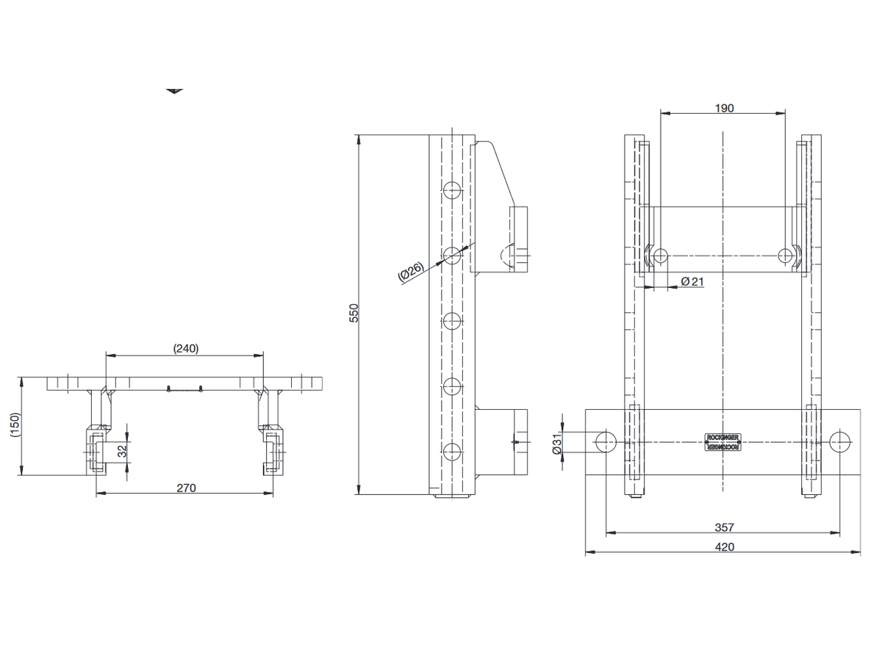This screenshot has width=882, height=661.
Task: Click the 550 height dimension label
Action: (x=354, y=314)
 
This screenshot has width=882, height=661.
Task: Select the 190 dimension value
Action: (x=723, y=108)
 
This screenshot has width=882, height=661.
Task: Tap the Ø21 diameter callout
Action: (x=692, y=281)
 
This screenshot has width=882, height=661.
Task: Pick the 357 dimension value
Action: (x=724, y=527)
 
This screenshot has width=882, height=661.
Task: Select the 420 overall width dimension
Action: (x=724, y=546)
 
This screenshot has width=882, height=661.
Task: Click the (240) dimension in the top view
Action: (x=185, y=348)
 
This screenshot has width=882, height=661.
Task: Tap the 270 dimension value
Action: (x=186, y=488)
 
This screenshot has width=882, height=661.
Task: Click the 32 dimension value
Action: (x=122, y=451)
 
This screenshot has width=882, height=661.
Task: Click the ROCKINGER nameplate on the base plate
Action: (x=723, y=441)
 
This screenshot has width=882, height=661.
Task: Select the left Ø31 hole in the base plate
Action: (x=606, y=441)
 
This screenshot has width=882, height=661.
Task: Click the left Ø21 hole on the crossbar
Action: (x=660, y=256)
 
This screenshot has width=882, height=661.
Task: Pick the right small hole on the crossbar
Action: (x=786, y=256)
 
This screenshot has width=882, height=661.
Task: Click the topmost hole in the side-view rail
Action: (x=452, y=191)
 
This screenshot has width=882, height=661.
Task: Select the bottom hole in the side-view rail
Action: (x=452, y=452)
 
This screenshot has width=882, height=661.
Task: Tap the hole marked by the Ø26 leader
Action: (x=452, y=255)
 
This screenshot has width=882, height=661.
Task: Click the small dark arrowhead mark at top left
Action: (x=174, y=91)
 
